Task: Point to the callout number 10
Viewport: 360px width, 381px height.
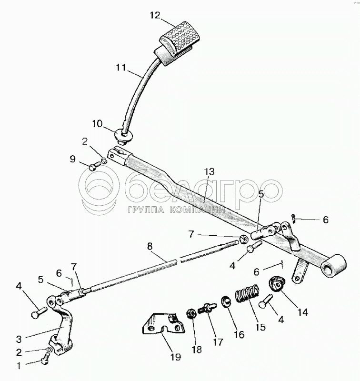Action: coord(97,124)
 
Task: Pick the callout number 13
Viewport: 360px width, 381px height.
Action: coord(210,171)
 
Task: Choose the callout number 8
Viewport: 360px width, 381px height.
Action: coord(150,246)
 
